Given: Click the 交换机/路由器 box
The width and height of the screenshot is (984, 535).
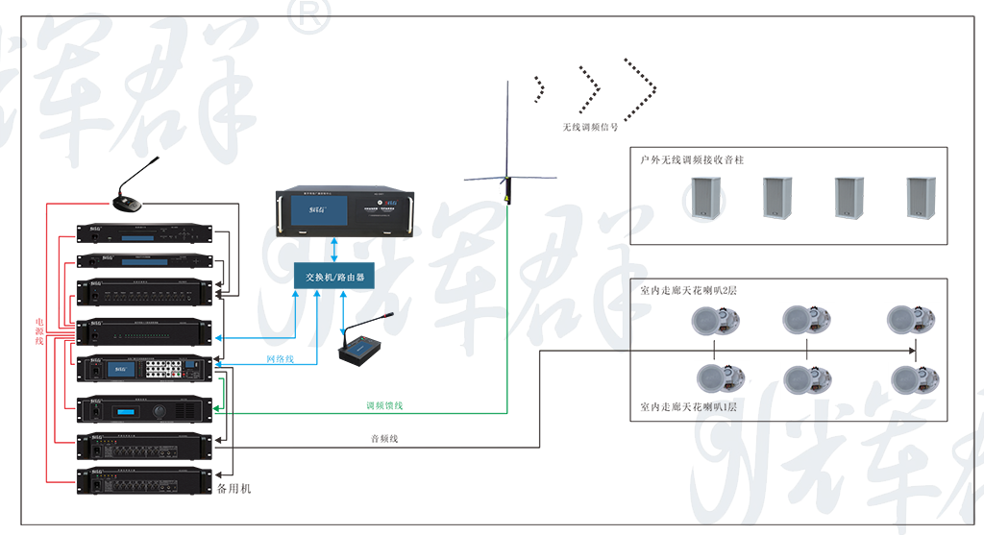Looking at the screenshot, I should point(333,277).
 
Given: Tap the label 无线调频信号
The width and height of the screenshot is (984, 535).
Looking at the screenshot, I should point(590,126).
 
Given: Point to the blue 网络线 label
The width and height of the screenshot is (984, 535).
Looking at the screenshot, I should point(280,358).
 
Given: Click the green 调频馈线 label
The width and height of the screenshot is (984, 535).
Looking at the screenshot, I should point(383,406).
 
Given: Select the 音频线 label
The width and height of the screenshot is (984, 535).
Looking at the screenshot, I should point(383,439).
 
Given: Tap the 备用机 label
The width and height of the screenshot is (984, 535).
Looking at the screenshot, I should point(234,489).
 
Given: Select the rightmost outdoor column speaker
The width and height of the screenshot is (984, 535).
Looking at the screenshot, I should point(921,199).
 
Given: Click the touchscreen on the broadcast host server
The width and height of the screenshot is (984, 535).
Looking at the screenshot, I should point(313,215).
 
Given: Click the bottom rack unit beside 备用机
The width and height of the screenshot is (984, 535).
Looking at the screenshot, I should point(143,479).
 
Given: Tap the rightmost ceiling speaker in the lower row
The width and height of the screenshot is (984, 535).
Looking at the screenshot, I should point(913,379).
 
